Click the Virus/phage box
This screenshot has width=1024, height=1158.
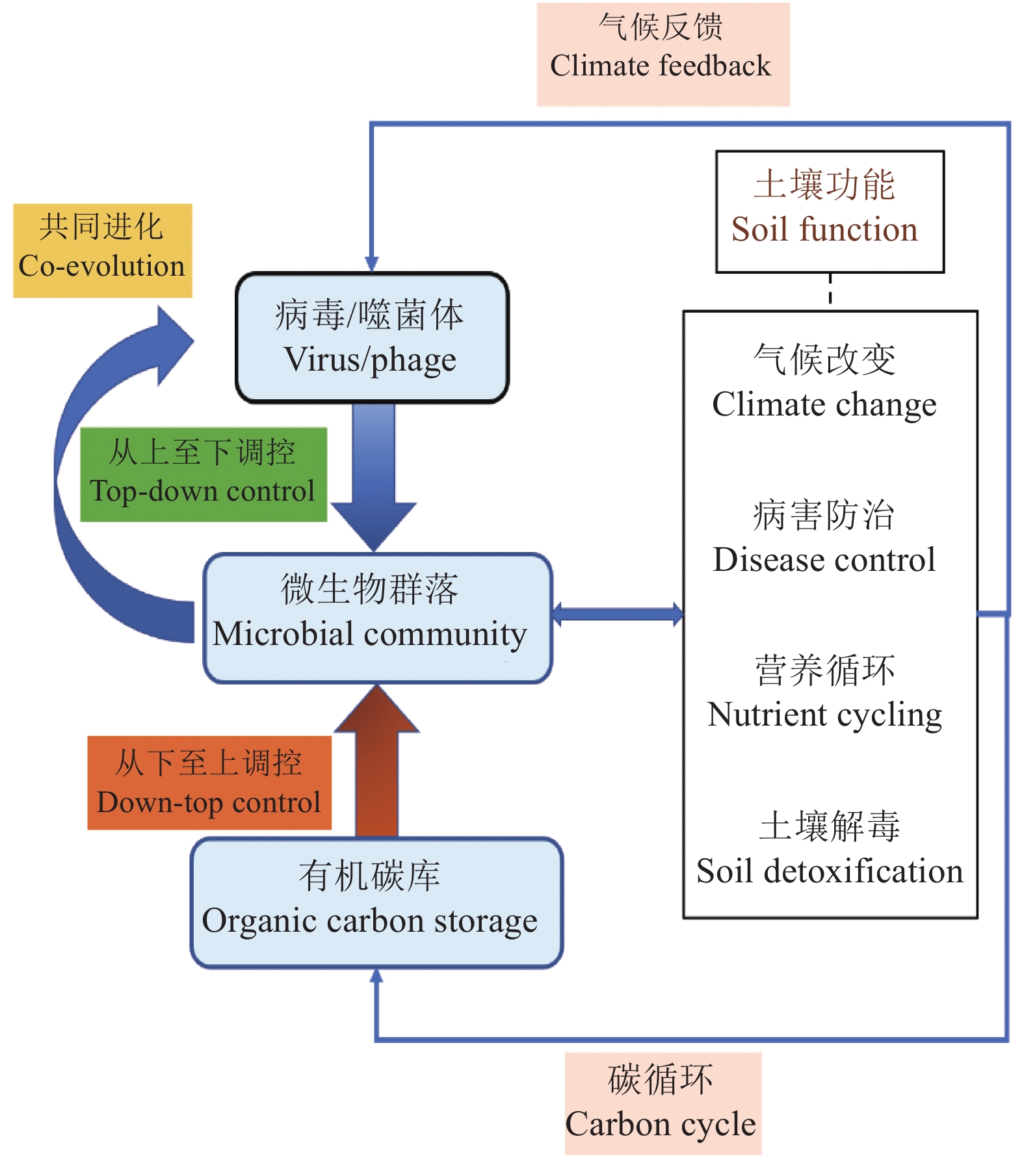[372, 337]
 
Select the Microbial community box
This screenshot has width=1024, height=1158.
[377, 618]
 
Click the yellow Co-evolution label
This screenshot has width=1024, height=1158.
[102, 250]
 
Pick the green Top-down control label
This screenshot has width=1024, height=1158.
[203, 474]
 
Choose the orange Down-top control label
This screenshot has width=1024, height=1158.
[209, 782]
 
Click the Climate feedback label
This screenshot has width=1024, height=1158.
[663, 54]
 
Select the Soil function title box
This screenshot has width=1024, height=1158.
[829, 211]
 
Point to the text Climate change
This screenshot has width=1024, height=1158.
[824, 404]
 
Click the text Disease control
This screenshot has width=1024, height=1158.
[824, 559]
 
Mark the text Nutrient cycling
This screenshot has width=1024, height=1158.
[824, 715]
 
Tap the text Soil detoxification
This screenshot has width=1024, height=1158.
[829, 871]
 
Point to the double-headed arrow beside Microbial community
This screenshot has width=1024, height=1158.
[617, 614]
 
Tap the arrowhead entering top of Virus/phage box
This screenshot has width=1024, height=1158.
[372, 263]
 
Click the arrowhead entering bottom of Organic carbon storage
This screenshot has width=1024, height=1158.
[376, 976]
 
